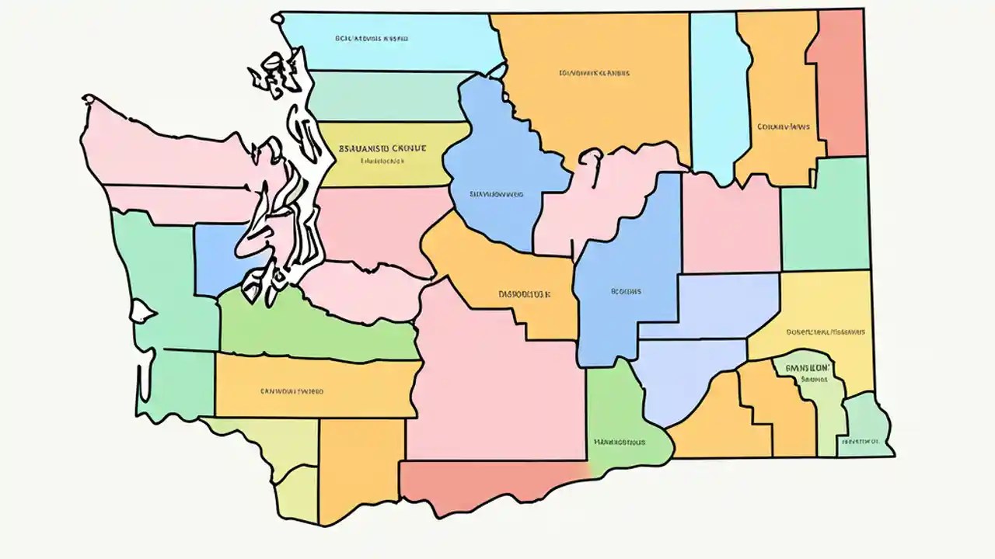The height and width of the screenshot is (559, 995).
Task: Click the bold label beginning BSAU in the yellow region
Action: pyautogui.click(x=382, y=147)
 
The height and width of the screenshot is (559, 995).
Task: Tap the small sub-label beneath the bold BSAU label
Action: pyautogui.click(x=382, y=162)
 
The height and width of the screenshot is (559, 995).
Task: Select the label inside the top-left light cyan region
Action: pyautogui.click(x=372, y=37)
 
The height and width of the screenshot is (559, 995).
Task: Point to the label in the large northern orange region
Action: pyautogui.click(x=594, y=74)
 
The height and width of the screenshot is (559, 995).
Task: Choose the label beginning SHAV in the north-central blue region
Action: pyautogui.click(x=496, y=194)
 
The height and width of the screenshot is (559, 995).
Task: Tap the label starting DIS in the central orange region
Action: pyautogui.click(x=524, y=295)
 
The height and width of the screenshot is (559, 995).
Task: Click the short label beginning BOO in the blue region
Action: pyautogui.click(x=627, y=292)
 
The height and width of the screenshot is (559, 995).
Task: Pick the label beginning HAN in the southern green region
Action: pyautogui.click(x=619, y=443)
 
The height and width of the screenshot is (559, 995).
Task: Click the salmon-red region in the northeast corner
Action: pyautogui.click(x=842, y=82)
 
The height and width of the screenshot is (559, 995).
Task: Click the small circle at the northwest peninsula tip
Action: pyautogui.click(x=89, y=99)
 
